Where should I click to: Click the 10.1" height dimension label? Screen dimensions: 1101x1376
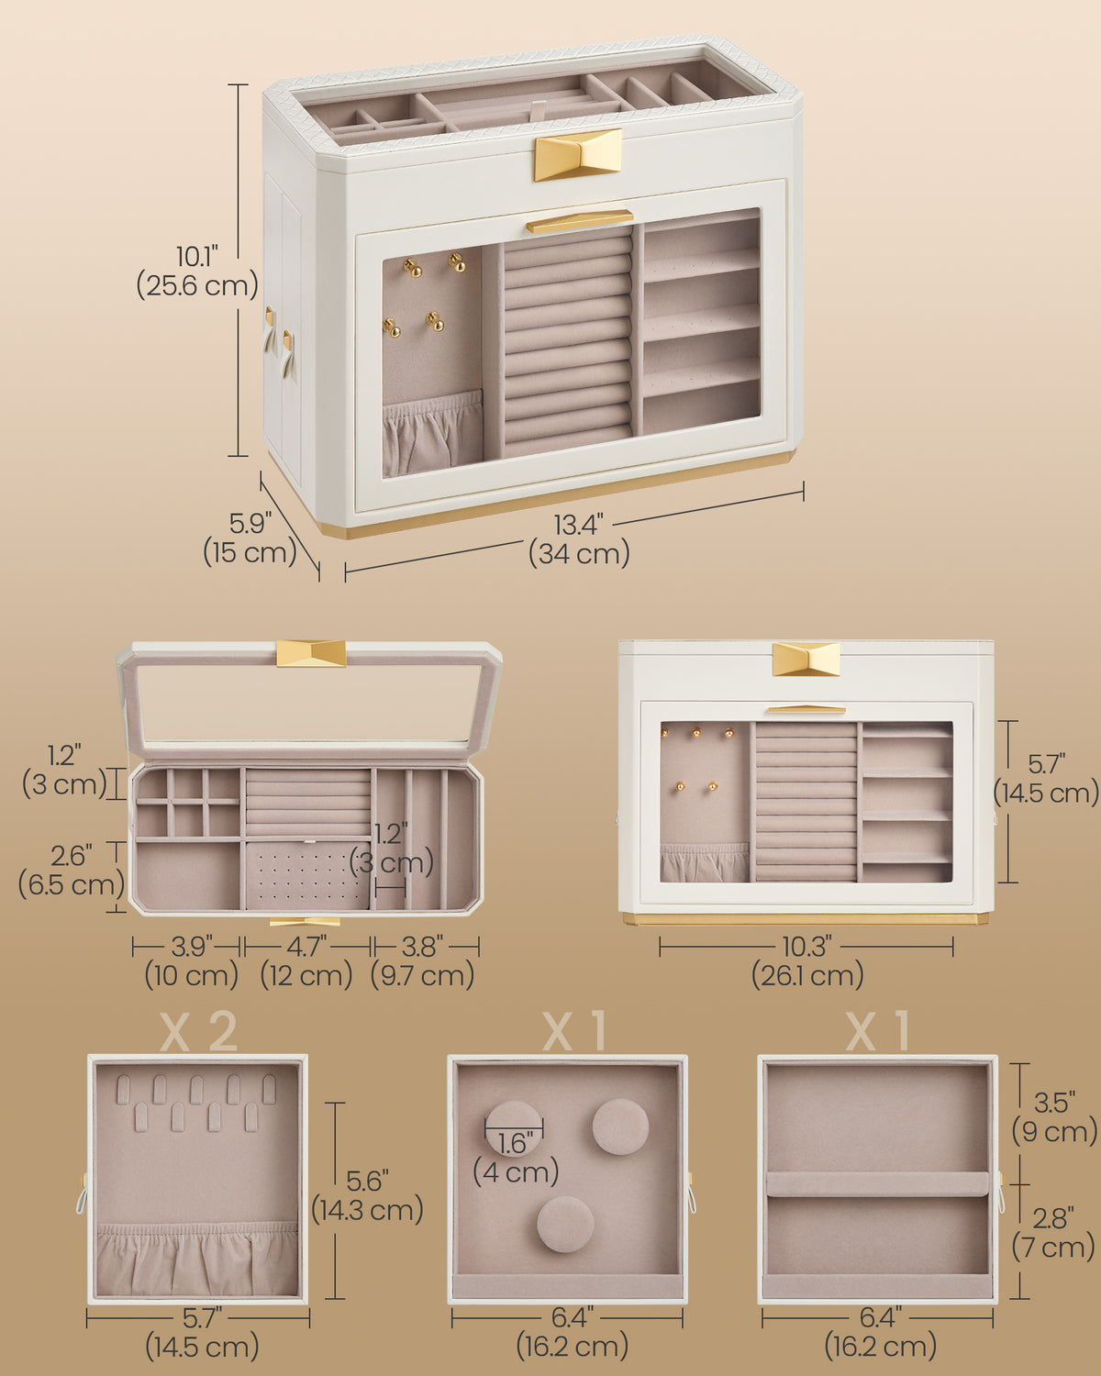[197, 257]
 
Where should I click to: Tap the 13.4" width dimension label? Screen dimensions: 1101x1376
[578, 525]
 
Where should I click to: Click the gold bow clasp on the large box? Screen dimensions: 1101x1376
[578, 154]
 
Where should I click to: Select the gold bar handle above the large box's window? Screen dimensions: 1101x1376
[580, 220]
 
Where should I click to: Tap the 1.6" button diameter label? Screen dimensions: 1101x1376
[515, 1143]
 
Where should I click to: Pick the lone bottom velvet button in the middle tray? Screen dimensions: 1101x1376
[565, 1224]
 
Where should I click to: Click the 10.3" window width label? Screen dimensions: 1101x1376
[806, 947]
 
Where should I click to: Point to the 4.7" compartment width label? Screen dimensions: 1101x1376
[307, 947]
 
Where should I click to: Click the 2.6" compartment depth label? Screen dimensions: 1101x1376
[72, 856]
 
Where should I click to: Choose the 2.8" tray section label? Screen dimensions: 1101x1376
[1053, 1219]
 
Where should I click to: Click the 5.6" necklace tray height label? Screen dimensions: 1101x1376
[367, 1181]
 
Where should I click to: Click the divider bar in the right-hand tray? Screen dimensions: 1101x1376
[878, 1182]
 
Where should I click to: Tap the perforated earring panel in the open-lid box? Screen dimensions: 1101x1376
[308, 875]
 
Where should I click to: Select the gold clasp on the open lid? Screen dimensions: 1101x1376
[311, 653]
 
